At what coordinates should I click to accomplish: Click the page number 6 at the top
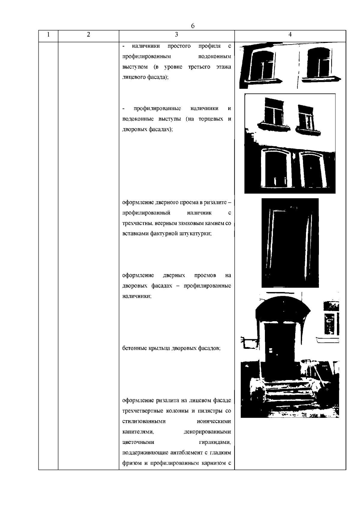[193, 26]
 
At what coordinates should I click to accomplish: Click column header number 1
[48, 34]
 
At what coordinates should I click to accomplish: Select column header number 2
[88, 34]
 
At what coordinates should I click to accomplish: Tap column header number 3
[176, 34]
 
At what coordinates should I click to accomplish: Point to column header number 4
[290, 34]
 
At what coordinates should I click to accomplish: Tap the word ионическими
[214, 421]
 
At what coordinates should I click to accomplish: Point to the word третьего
[199, 67]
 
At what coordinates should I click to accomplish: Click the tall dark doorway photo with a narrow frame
[290, 243]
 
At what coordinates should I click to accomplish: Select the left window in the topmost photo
[263, 65]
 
